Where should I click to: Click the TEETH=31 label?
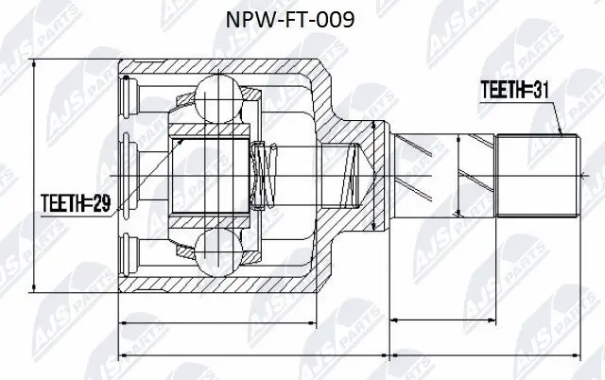[514, 90]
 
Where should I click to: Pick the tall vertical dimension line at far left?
[34, 175]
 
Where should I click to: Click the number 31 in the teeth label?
[538, 90]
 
